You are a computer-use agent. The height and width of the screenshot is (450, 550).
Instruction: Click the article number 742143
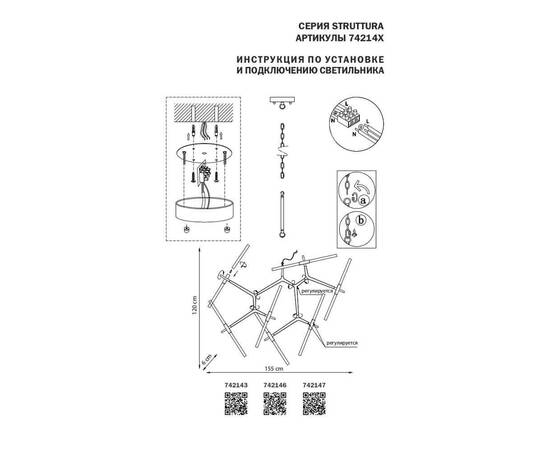click(232, 395)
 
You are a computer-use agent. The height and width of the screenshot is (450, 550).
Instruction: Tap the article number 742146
click(273, 395)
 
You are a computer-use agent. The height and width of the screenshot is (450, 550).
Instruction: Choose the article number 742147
click(314, 395)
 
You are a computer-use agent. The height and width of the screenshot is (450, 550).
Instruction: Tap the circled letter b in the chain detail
click(363, 221)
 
